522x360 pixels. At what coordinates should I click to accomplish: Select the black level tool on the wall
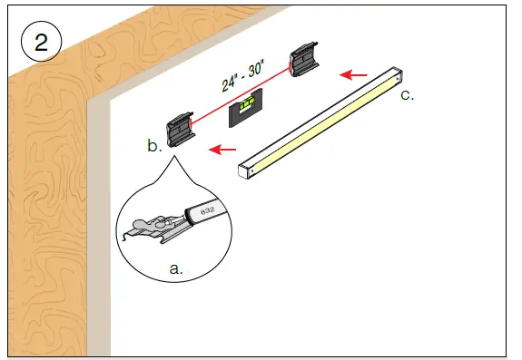click(248, 113)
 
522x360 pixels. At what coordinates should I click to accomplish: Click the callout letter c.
click(406, 94)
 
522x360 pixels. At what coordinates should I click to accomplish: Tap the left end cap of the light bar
click(243, 170)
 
